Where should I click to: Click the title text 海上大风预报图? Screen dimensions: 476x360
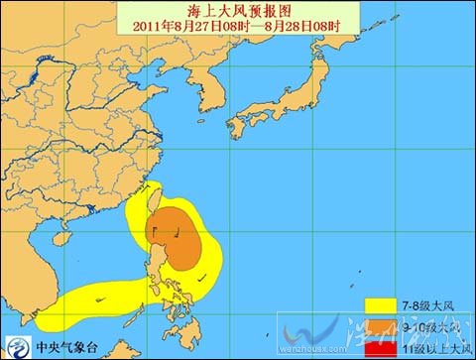coord(237,8)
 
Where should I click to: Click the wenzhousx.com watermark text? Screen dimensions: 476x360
coord(308,349)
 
